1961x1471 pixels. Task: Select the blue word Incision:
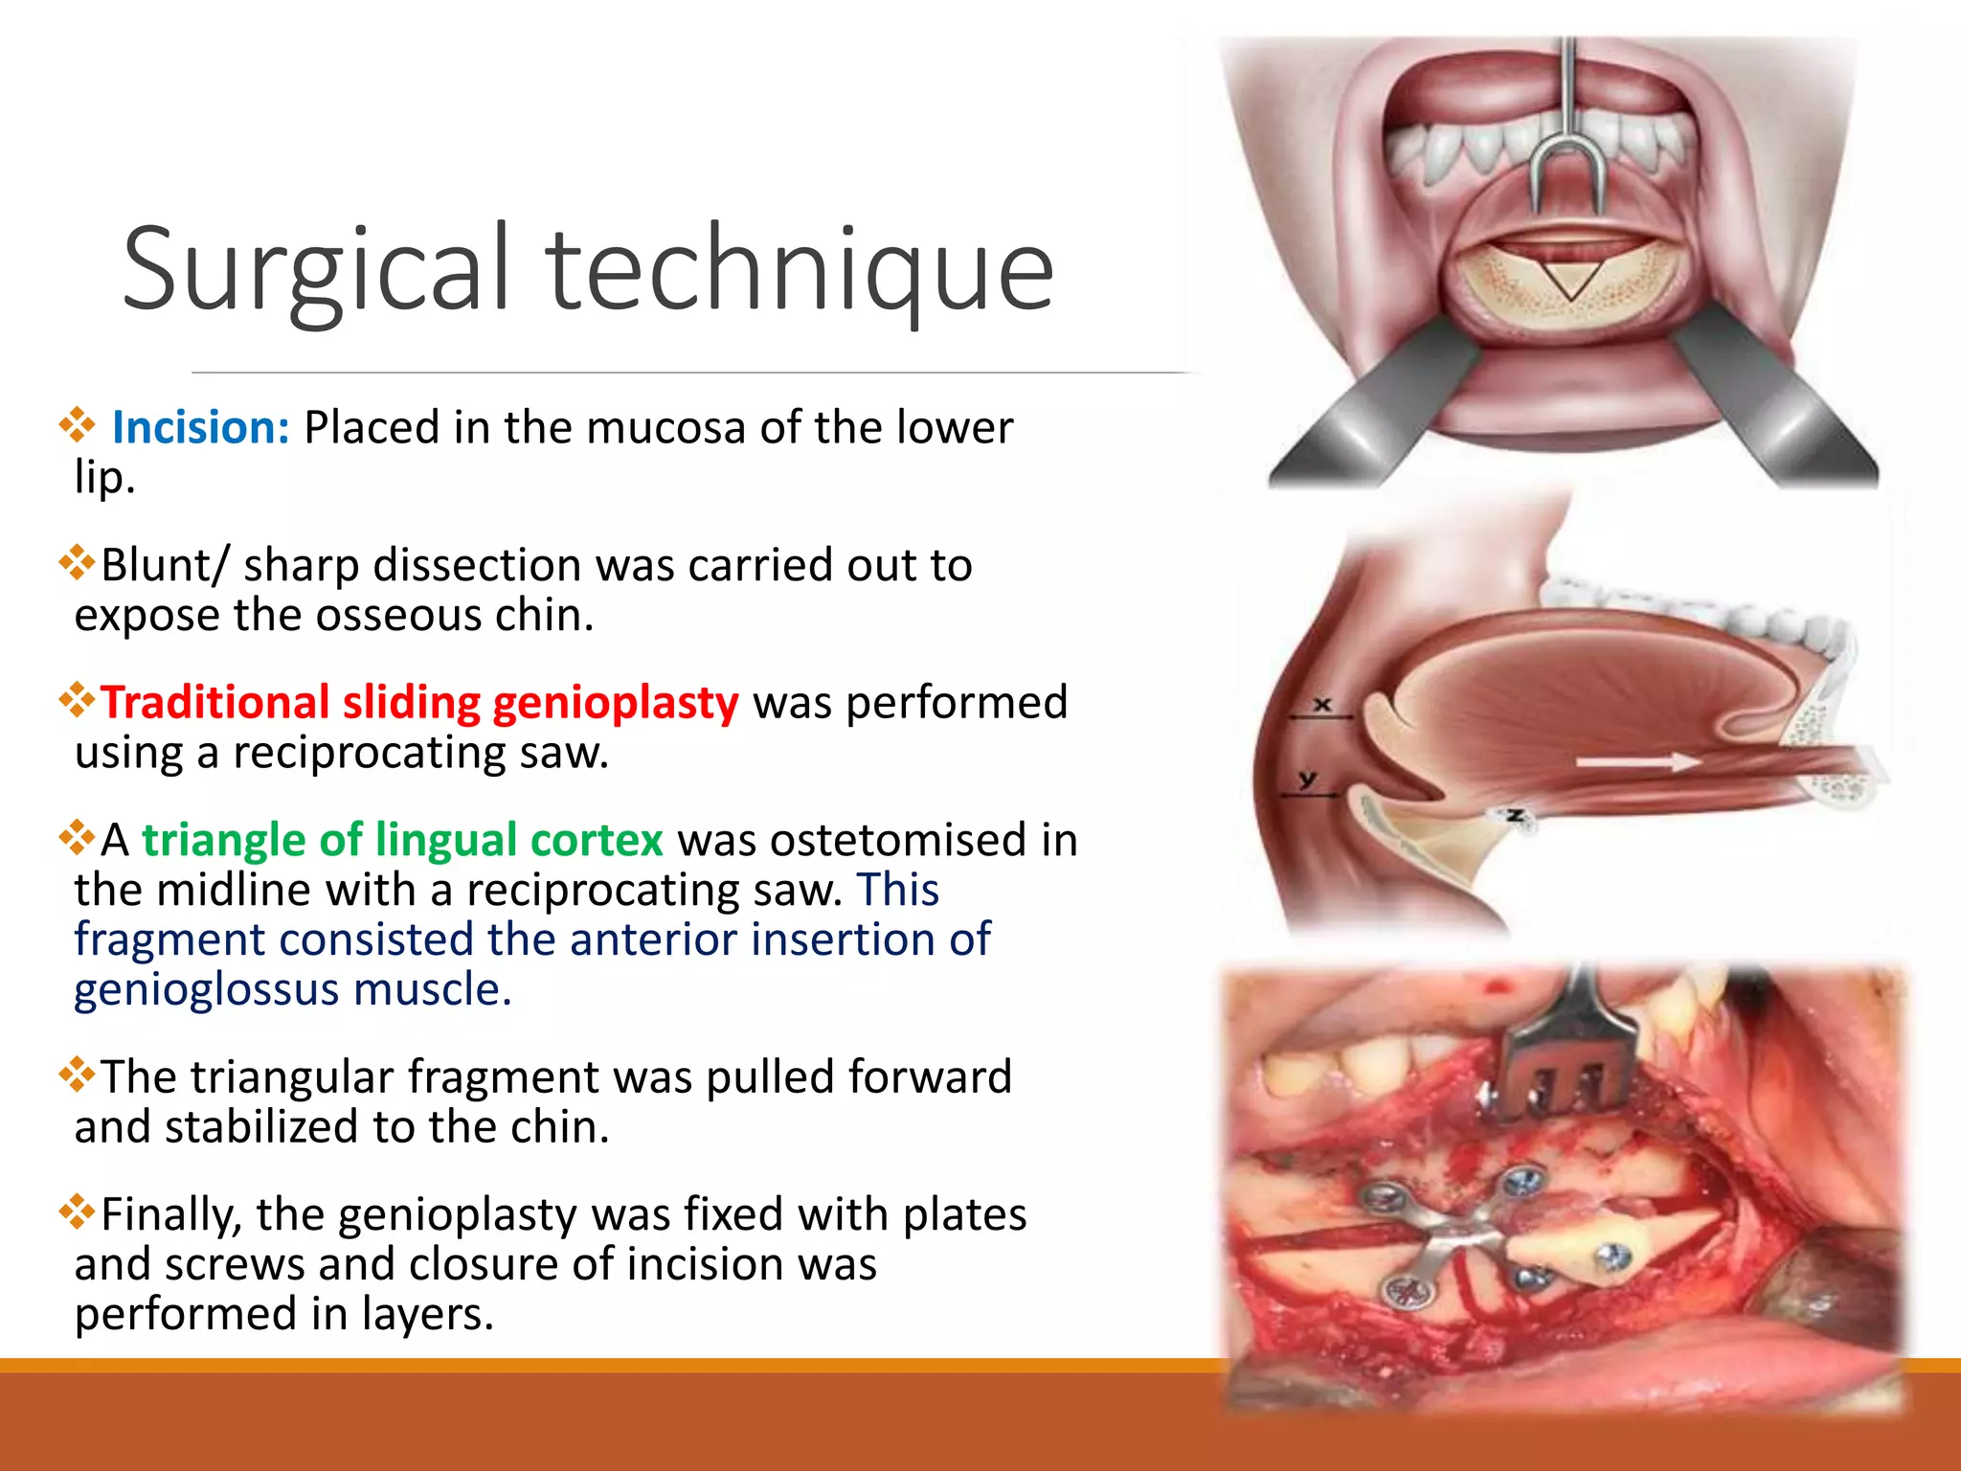coord(200,427)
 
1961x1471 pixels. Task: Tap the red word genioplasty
coord(616,702)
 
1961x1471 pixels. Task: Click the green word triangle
coord(223,840)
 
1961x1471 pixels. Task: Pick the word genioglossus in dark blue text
coord(206,989)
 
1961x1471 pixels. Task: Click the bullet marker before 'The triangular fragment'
coord(77,1075)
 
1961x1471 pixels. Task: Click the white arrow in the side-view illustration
coord(1637,762)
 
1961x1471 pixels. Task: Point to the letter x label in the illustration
coord(1322,705)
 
